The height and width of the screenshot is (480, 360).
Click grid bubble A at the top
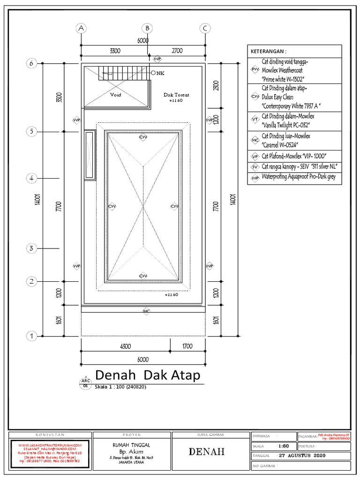click(82, 28)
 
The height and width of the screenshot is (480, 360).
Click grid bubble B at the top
click(147, 28)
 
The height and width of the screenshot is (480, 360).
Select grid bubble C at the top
click(205, 28)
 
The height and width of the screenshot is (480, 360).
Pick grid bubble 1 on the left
click(32, 336)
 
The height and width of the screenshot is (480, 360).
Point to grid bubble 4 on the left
click(32, 178)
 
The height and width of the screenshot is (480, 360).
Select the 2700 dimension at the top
click(177, 51)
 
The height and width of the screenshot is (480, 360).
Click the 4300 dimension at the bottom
click(124, 347)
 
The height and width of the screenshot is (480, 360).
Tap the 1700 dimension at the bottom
click(187, 347)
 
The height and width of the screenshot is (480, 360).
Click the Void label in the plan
click(115, 95)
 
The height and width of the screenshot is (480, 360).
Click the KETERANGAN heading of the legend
click(269, 51)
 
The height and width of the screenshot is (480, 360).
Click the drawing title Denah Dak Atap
click(148, 375)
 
